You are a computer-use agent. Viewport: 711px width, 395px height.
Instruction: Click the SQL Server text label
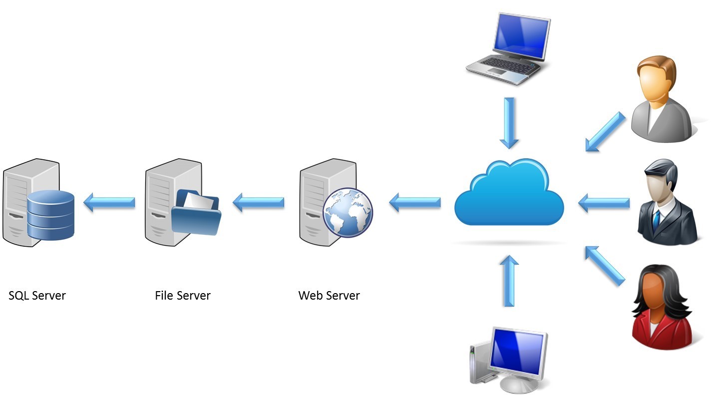(37, 295)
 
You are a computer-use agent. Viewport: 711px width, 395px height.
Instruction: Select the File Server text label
(183, 295)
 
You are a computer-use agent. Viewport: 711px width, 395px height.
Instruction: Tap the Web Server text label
(329, 295)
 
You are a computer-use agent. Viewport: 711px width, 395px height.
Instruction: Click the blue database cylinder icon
(50, 214)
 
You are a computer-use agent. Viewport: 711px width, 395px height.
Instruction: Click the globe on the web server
(348, 212)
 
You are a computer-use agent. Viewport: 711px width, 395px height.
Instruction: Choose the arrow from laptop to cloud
(509, 122)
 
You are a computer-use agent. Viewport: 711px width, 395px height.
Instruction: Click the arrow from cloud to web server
(415, 202)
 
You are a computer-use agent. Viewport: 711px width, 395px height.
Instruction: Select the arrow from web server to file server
(259, 202)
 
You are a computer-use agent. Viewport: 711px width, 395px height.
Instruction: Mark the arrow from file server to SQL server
(109, 202)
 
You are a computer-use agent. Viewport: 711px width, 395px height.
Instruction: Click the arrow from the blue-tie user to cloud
(604, 202)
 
